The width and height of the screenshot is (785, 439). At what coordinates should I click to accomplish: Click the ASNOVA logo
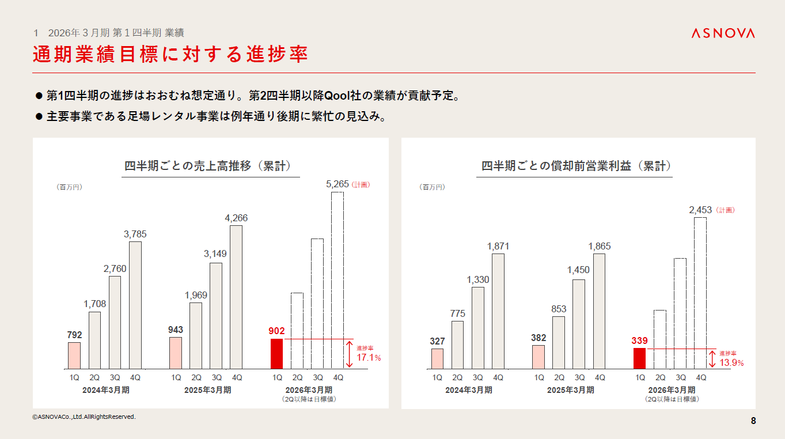click(x=723, y=33)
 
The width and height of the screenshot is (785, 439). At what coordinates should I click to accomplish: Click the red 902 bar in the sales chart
click(x=277, y=353)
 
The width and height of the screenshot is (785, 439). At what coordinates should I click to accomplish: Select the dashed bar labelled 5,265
click(x=337, y=280)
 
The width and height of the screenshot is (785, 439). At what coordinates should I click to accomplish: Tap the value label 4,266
click(x=236, y=218)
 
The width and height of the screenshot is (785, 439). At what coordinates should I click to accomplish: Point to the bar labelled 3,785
click(x=135, y=305)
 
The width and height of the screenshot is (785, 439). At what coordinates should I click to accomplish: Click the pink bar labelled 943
click(x=176, y=353)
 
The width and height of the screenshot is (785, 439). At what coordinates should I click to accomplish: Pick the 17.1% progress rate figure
click(x=369, y=358)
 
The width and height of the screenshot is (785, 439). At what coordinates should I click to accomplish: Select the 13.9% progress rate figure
click(x=731, y=363)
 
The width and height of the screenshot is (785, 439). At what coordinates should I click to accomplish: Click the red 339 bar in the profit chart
click(x=639, y=358)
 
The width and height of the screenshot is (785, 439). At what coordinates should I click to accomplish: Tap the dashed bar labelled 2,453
click(x=701, y=293)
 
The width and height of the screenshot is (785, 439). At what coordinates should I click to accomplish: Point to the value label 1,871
click(x=498, y=247)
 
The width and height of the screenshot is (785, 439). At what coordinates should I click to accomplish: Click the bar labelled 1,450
click(x=579, y=324)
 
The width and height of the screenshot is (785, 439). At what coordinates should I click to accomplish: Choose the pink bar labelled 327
click(x=437, y=358)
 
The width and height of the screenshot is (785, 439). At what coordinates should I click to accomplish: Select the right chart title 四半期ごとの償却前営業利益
click(x=577, y=166)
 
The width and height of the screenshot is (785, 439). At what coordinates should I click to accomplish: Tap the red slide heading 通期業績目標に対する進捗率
click(x=170, y=54)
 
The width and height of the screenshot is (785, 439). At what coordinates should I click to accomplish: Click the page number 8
click(x=753, y=421)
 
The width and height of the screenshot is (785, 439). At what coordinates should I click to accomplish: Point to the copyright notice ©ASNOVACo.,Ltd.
click(x=84, y=417)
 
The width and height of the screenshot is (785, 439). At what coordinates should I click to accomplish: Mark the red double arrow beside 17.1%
click(x=348, y=354)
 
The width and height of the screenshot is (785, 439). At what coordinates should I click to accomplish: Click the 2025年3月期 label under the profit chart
click(x=570, y=390)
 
